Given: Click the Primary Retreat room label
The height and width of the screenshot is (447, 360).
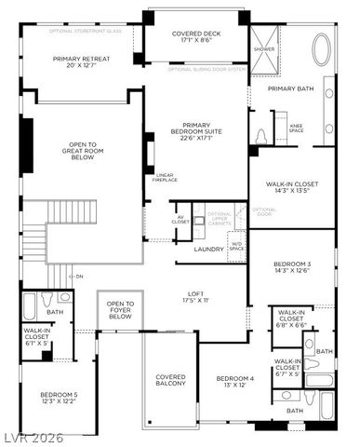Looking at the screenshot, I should pos(82,61).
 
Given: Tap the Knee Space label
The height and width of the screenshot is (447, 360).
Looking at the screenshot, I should pos(296,128).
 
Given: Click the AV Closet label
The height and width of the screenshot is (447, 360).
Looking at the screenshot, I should pos(180,220).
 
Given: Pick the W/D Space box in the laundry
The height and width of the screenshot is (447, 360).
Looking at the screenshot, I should pos(236,247).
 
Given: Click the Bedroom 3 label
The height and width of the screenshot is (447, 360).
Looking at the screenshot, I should pos(293,268).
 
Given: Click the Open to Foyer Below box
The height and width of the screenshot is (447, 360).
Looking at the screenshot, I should pos(120,310).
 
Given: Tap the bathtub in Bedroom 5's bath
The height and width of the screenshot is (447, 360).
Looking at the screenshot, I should pos(28,306).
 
